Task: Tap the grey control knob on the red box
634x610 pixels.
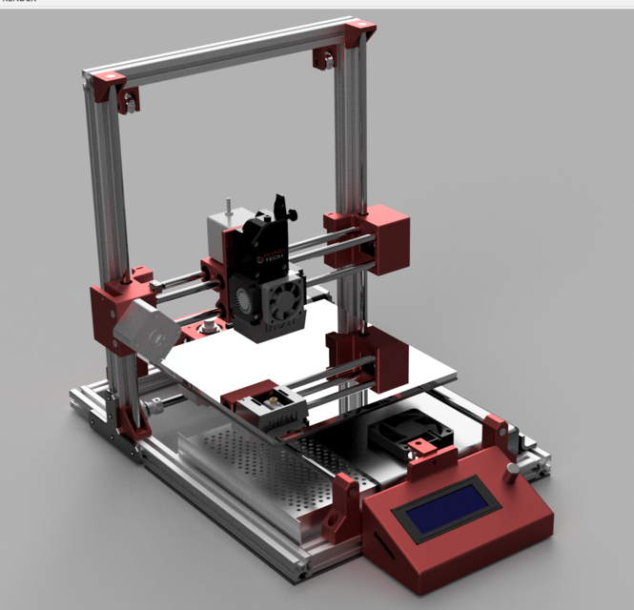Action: [512, 471]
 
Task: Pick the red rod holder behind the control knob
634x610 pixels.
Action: [496, 434]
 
